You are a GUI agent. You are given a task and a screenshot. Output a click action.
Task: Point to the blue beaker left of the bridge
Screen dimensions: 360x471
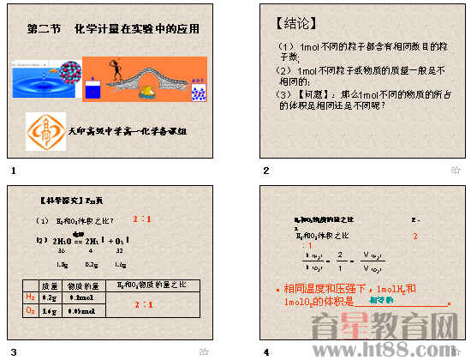click(x=95, y=88)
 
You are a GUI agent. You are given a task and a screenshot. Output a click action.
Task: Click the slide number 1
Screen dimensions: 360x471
click(x=13, y=171)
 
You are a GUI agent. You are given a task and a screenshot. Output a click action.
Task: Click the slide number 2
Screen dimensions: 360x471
click(x=266, y=171)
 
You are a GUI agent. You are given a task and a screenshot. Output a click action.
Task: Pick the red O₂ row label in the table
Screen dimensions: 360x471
click(x=29, y=311)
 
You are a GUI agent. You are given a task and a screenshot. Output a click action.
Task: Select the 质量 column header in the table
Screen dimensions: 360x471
click(x=49, y=284)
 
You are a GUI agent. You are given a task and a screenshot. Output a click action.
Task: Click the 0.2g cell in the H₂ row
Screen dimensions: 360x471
click(x=49, y=297)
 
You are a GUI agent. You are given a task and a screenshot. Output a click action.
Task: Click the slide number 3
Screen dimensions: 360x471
click(x=13, y=351)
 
